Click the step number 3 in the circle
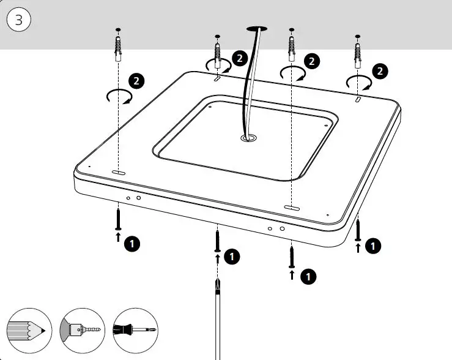tap(19, 20)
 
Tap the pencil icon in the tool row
tap(28, 329)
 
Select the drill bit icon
tap(82, 329)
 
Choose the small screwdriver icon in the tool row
tap(135, 329)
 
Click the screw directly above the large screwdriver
tap(217, 239)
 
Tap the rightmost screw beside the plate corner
tap(358, 230)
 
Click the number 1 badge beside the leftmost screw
tap(132, 244)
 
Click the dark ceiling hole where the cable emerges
tap(257, 28)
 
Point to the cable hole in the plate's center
tap(248, 139)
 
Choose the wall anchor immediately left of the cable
tap(217, 48)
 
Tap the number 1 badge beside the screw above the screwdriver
tap(232, 256)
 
